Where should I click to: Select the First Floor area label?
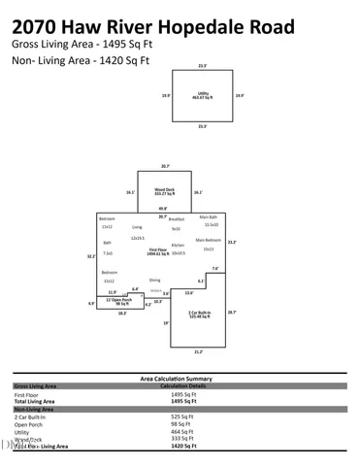[158, 250]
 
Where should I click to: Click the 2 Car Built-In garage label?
[200, 314]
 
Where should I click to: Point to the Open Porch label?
[118, 301]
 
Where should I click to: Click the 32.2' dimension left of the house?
[90, 256]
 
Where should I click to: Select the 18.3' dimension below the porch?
[121, 313]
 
